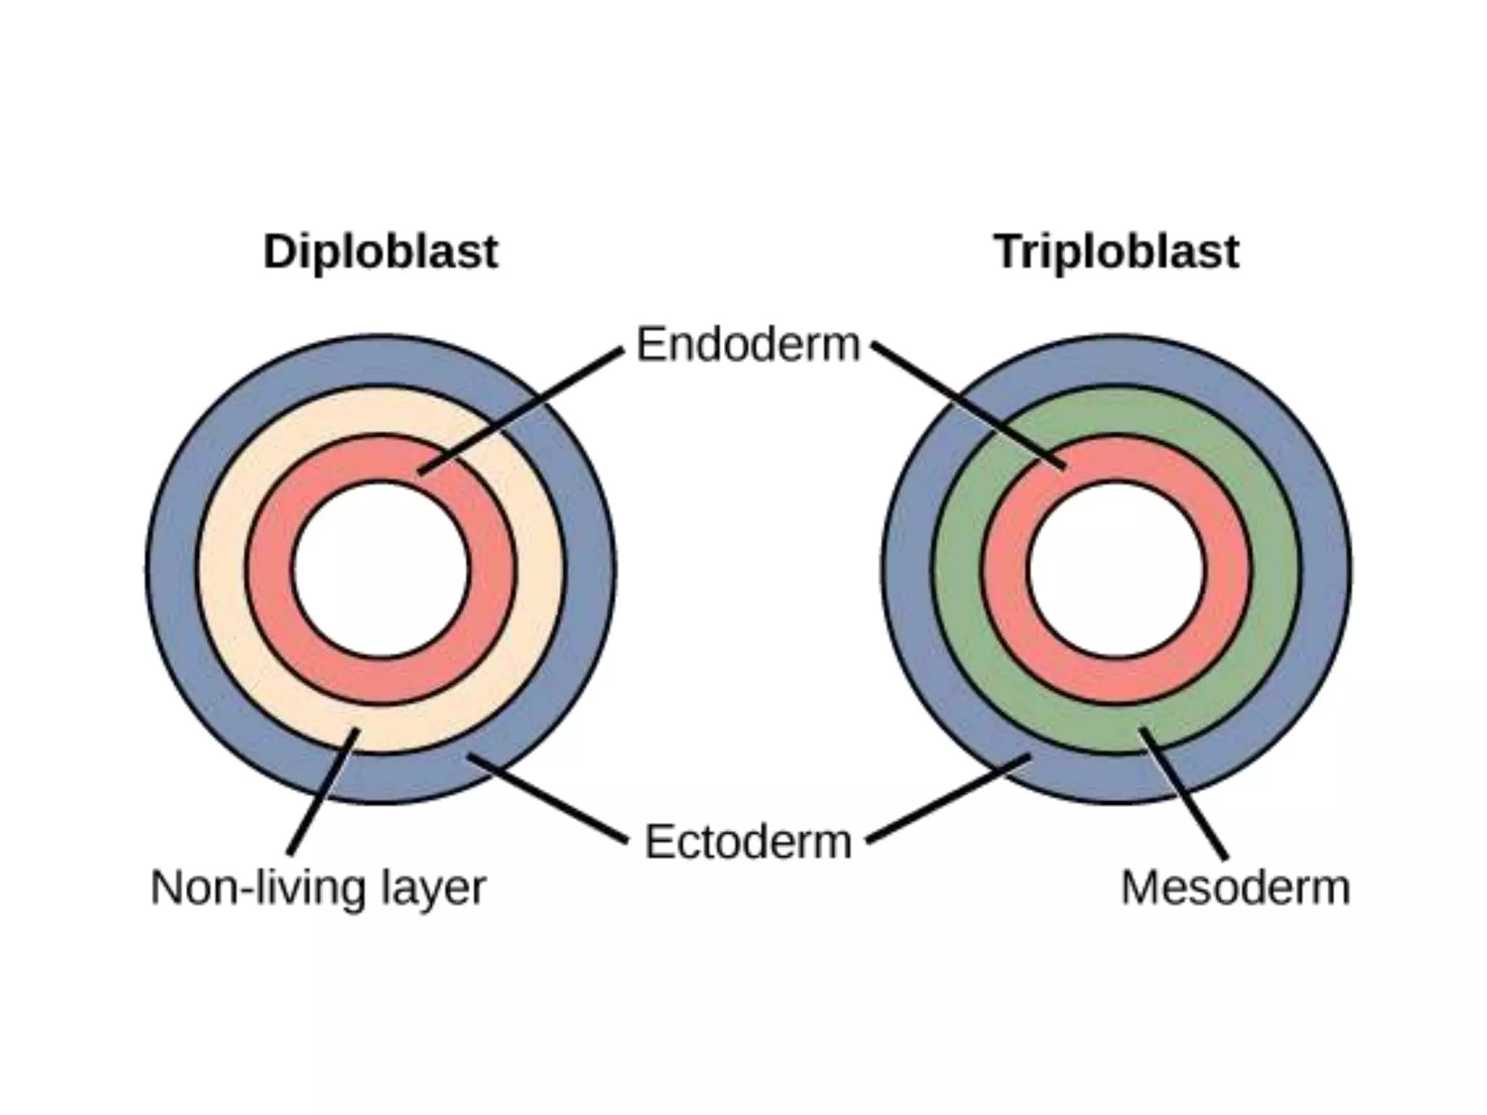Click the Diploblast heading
coord(380,252)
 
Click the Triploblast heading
coord(1116,252)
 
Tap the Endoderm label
coord(748,344)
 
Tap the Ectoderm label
coord(748,842)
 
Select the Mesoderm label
coord(1235,887)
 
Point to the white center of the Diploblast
coord(381,570)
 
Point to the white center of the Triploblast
coord(1117,570)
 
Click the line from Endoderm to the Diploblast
coord(521,411)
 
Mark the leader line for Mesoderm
coord(1183,793)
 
